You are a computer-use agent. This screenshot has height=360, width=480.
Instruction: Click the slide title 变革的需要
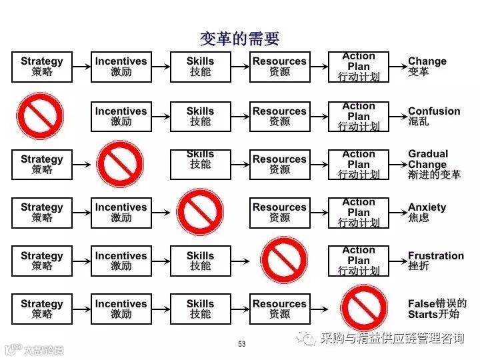point(240,38)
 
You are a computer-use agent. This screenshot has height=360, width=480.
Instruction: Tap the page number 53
point(241,344)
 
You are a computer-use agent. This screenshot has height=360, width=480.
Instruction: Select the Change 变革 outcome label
point(427,66)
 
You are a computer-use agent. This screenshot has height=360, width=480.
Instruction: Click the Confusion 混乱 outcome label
point(434,116)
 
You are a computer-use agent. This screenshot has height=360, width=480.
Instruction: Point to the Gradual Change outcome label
point(434,164)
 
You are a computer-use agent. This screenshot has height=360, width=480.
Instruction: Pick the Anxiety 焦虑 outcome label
point(427,212)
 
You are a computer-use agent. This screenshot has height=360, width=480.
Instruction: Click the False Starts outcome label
point(437,309)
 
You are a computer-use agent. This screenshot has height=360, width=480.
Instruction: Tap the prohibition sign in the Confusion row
point(41,115)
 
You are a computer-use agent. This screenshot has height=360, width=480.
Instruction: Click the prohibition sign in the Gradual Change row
point(121,164)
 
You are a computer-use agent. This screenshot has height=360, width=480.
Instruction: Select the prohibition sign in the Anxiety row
point(200,212)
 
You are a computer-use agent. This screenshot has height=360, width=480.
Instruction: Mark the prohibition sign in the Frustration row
point(283,261)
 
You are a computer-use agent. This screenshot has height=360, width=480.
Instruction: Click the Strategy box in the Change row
point(41,67)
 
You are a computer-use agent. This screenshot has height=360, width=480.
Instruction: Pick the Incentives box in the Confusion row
point(121,116)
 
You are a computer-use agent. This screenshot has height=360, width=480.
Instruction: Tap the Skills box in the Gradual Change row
point(200,165)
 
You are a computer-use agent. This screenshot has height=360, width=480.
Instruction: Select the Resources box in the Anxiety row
point(279,213)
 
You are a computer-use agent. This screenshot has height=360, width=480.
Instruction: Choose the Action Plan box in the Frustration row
point(359,261)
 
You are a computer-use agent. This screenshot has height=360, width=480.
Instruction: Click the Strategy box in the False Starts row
point(41,309)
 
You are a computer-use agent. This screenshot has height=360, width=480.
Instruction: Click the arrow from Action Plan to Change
point(397,67)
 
